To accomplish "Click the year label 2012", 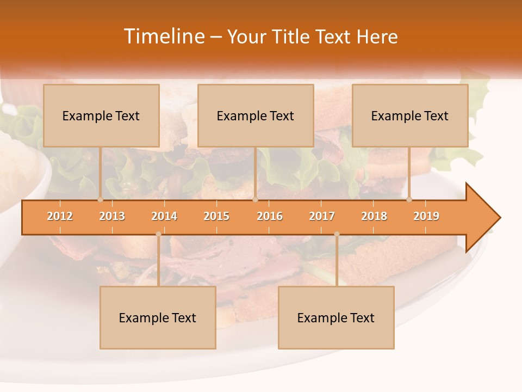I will click(60, 216).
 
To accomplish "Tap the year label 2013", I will click(112, 216).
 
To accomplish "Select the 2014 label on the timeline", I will click(164, 216).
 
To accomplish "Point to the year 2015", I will click(216, 216).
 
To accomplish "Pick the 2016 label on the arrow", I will click(270, 216).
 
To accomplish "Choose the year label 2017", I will click(322, 216).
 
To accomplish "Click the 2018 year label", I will click(374, 216).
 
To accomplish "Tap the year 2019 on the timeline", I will click(426, 216).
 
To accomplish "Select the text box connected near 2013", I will click(101, 115).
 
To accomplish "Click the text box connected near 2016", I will click(256, 115).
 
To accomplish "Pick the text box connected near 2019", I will click(410, 115).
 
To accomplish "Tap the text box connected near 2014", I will click(158, 317).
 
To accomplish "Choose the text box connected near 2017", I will click(336, 317).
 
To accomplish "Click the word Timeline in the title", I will click(163, 36).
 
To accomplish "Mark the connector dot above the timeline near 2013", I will click(100, 199).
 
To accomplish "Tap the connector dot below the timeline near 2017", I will click(337, 234).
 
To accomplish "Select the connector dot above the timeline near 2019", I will click(409, 199).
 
